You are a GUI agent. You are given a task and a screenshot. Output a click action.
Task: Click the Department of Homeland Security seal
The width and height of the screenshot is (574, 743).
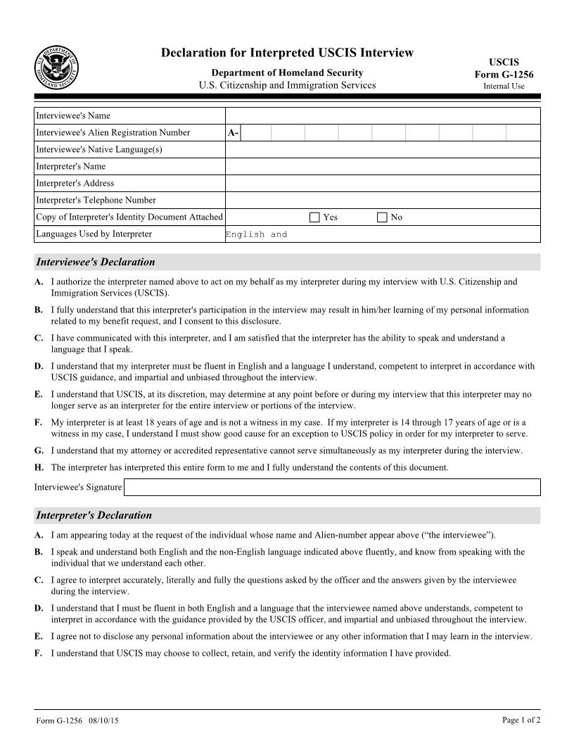pos(56,68)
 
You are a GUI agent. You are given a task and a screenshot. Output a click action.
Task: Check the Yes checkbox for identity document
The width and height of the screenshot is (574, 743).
pos(314,217)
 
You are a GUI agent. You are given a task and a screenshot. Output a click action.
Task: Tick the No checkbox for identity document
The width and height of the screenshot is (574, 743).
pos(382,217)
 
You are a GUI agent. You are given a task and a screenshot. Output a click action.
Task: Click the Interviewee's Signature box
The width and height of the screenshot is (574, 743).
pos(332,487)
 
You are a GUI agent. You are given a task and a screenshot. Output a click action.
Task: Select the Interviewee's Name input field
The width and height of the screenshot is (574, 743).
pos(383,116)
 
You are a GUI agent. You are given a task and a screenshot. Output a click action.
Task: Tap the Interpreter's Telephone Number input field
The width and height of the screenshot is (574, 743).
pos(383,201)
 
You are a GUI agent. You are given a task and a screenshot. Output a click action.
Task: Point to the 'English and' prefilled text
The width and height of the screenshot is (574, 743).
pos(257,235)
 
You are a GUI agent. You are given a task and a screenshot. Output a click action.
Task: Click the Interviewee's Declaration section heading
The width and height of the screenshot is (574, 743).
pos(95,262)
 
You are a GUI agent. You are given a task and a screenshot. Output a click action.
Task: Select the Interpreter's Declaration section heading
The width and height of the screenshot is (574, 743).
pos(94,516)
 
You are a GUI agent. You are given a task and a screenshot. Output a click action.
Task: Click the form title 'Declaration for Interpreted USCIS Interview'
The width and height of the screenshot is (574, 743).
pos(287,53)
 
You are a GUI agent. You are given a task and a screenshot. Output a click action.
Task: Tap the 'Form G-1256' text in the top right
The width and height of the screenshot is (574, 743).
pos(504,75)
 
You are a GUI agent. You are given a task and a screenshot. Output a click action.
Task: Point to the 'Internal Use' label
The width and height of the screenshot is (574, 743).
pos(504,87)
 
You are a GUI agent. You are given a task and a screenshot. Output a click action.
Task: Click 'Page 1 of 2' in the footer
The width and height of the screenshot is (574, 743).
pos(521,720)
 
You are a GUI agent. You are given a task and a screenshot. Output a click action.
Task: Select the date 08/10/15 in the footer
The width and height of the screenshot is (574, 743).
pos(99,721)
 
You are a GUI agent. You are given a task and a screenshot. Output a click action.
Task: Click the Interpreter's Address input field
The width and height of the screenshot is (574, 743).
pos(383,184)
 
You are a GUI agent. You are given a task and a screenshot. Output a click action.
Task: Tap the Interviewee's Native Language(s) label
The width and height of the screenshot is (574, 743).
pos(99,150)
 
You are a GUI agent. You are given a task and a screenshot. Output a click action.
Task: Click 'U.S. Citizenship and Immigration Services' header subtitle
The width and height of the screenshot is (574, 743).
pos(287,86)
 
